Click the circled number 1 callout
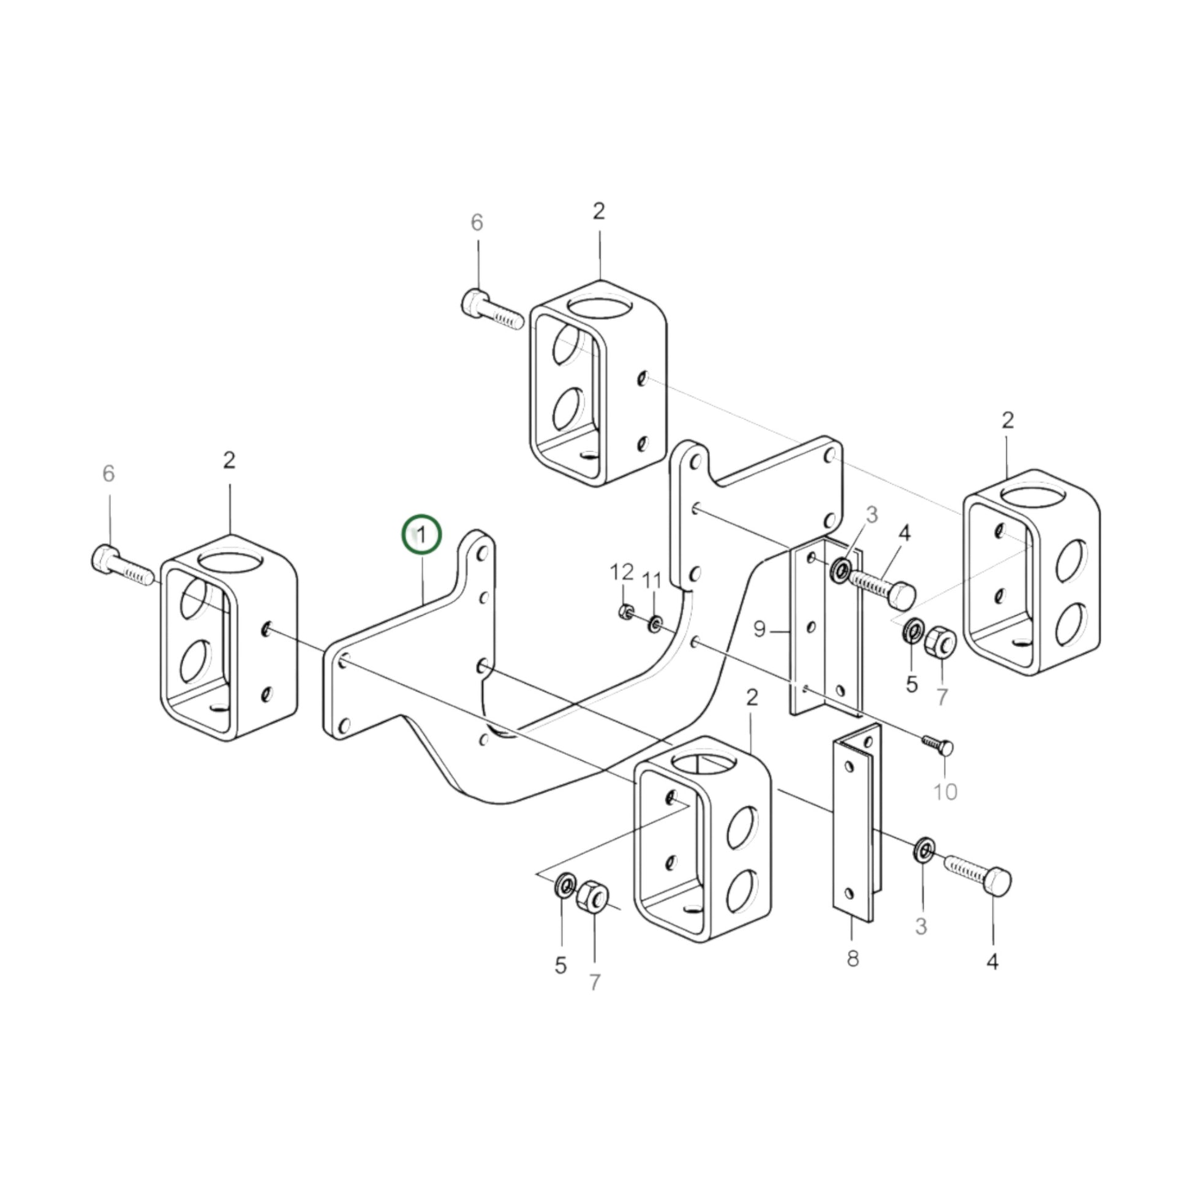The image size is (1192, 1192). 422,534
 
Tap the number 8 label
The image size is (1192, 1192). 853,958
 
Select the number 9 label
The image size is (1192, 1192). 759,629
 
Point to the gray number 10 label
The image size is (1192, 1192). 945,791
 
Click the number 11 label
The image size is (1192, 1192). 652,581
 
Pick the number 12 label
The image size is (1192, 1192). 622,572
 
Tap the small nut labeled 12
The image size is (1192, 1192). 624,612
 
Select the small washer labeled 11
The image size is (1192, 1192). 654,624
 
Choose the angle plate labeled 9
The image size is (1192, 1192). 827,627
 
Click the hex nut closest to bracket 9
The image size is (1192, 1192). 940,642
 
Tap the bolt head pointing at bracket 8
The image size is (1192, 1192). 997,882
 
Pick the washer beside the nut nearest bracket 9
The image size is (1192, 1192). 913,630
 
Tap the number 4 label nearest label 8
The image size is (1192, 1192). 993,961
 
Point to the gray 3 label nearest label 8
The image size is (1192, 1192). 921,926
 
